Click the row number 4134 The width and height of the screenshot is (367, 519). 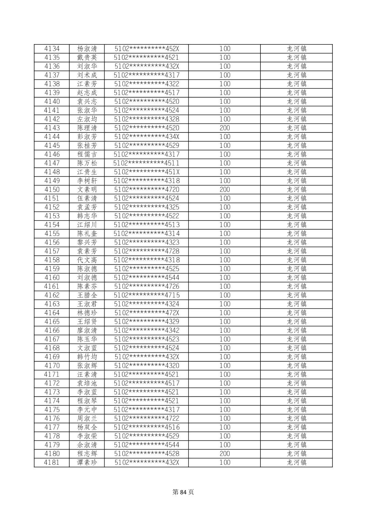[x=52, y=49]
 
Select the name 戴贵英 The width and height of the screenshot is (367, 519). [x=87, y=58]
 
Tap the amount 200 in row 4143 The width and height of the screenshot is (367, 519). [x=225, y=128]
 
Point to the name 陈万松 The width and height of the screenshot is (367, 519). [x=87, y=163]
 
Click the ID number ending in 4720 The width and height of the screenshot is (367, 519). [x=147, y=190]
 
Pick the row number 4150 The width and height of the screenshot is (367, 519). [x=52, y=190]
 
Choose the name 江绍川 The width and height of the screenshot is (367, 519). [x=87, y=225]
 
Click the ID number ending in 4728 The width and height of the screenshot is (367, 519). [x=147, y=251]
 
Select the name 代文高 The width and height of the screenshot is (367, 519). [x=87, y=260]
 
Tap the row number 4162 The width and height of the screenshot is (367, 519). [x=52, y=295]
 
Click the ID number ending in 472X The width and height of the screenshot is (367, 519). [x=147, y=313]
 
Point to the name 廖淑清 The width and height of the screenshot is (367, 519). [x=87, y=331]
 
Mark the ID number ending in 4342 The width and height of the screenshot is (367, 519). [x=147, y=331]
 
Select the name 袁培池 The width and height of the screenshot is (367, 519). [x=87, y=383]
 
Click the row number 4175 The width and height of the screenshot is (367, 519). [x=52, y=410]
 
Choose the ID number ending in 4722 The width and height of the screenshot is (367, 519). [x=147, y=419]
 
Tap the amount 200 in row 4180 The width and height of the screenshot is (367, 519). [x=225, y=454]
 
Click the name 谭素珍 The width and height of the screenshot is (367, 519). [x=87, y=463]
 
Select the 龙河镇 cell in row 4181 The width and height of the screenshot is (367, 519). [x=296, y=463]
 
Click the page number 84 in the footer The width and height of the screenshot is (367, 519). [x=183, y=492]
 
